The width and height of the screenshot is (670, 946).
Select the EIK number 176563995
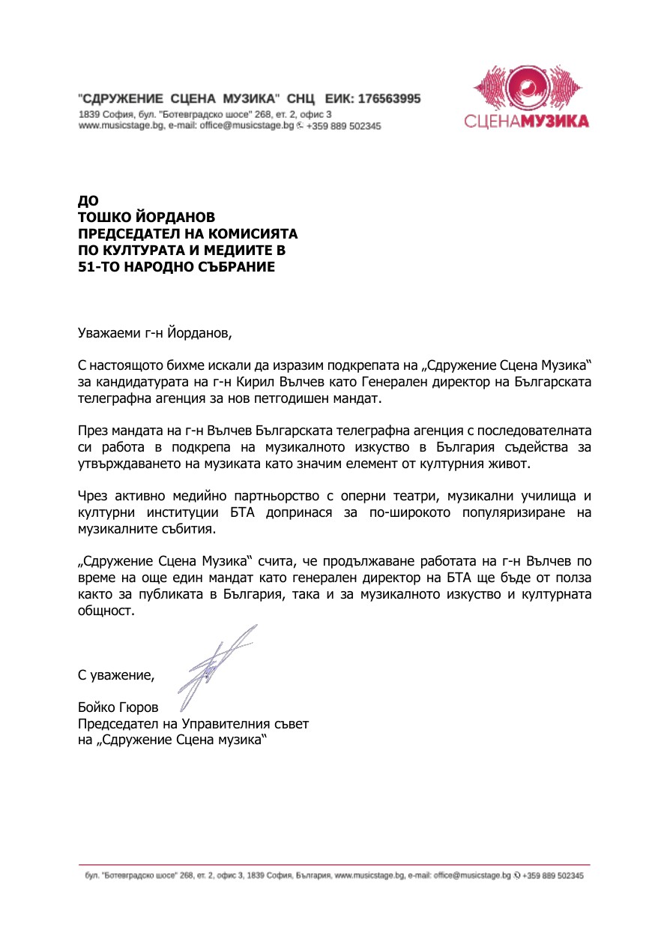click(389, 98)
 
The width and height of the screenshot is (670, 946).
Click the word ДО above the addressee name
click(88, 201)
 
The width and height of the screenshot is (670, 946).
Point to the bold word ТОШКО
click(106, 217)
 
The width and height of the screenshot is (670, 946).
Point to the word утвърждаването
click(127, 464)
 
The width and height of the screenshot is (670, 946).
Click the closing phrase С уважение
click(115, 674)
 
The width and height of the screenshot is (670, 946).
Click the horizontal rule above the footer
click(334, 865)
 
